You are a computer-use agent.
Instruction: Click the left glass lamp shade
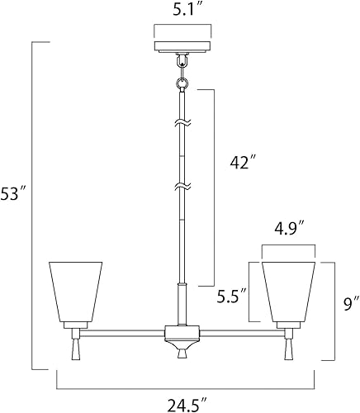coord(75,292)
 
